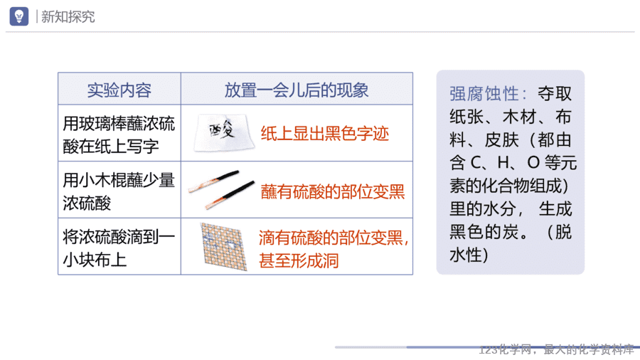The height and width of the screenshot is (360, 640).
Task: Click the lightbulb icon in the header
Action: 18,16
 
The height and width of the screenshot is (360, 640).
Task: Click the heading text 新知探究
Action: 68,17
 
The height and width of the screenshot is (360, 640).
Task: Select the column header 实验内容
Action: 119,90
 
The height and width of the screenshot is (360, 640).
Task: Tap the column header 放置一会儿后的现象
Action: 297,90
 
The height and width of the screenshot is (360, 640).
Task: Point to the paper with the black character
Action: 224,132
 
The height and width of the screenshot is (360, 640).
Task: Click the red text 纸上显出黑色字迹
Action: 325,134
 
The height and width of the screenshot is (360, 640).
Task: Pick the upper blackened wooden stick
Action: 213,181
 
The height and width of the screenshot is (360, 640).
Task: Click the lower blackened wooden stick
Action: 230,195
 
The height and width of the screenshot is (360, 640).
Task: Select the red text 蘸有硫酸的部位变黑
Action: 333,191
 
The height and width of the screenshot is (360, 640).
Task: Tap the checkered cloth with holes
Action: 224,247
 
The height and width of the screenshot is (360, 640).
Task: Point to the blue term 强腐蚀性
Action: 484,94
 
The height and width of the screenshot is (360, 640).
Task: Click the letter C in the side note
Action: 476,163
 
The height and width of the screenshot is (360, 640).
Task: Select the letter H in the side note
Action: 503,163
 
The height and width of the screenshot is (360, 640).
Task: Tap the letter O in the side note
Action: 533,163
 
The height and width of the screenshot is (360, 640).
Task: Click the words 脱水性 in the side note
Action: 511,243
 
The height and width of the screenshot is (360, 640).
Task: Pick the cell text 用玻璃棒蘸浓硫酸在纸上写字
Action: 119,135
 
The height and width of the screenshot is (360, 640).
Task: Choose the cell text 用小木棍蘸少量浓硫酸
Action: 119,191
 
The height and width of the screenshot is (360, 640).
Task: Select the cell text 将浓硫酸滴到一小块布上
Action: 119,248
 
